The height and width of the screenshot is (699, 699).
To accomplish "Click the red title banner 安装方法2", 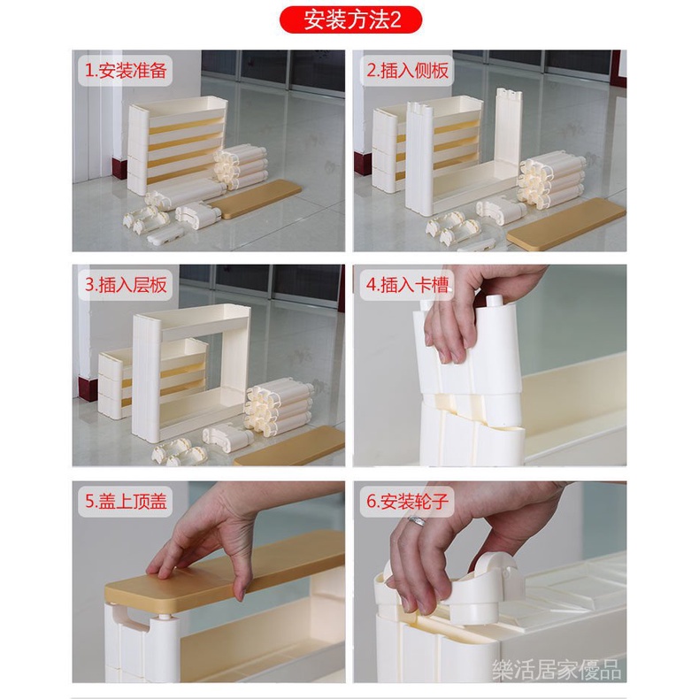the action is pyautogui.click(x=350, y=19).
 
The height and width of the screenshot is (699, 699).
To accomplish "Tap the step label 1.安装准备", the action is pyautogui.click(x=126, y=71).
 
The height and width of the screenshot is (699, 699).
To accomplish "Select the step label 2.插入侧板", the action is pyautogui.click(x=407, y=71).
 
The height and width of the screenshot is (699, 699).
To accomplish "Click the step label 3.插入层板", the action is pyautogui.click(x=126, y=285).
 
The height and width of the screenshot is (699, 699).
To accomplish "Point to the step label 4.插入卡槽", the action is pyautogui.click(x=407, y=285).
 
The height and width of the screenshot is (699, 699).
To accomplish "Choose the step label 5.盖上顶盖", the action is pyautogui.click(x=126, y=502).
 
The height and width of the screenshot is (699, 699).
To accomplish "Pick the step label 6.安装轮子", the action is pyautogui.click(x=407, y=502).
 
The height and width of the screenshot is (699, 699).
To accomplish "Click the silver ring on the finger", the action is pyautogui.click(x=418, y=521).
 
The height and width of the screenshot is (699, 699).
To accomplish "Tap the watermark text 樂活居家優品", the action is pyautogui.click(x=556, y=669).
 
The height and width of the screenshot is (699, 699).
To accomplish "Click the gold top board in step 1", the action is pyautogui.click(x=255, y=199).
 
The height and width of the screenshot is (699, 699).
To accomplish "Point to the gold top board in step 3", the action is pyautogui.click(x=289, y=447).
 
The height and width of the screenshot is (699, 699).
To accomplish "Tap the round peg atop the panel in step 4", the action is pyautogui.click(x=495, y=301).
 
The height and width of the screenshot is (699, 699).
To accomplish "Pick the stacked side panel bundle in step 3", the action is pyautogui.click(x=277, y=407).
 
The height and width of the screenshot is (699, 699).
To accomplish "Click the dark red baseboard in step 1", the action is pyautogui.click(x=119, y=167).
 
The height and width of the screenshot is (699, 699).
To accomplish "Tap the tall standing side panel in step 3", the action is pyautogui.click(x=146, y=378).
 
